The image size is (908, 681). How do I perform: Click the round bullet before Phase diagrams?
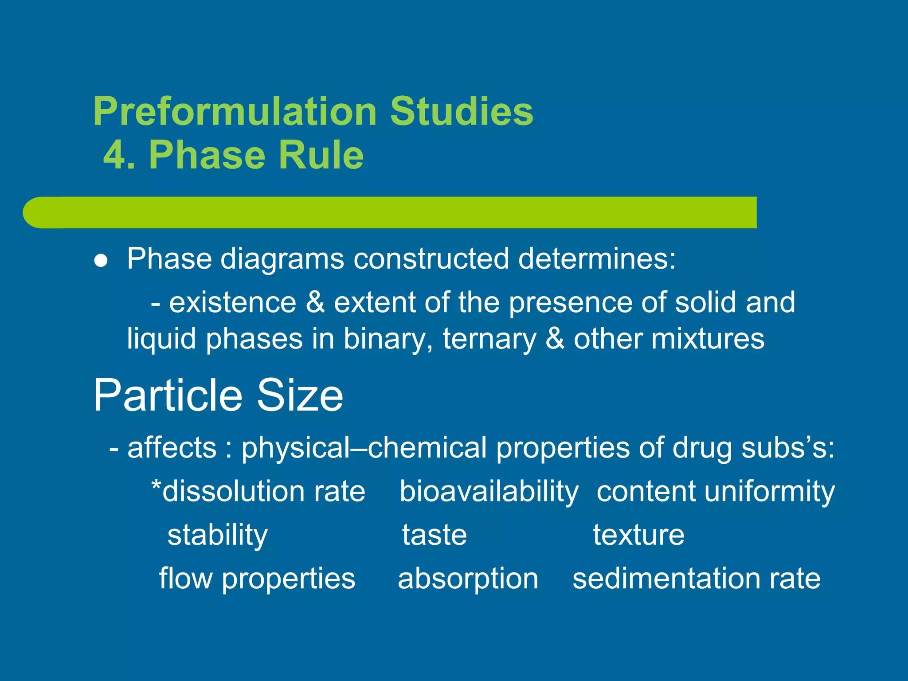pos(101,261)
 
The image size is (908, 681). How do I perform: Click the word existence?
pos(233,302)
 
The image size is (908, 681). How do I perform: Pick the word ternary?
pos(489,339)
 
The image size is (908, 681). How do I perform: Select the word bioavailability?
pos(489,492)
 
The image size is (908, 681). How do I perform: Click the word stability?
pos(217,535)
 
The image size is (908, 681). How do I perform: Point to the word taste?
pos(434,535)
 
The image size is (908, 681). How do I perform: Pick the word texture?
pos(638,535)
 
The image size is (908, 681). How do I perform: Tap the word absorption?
pos(468,579)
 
